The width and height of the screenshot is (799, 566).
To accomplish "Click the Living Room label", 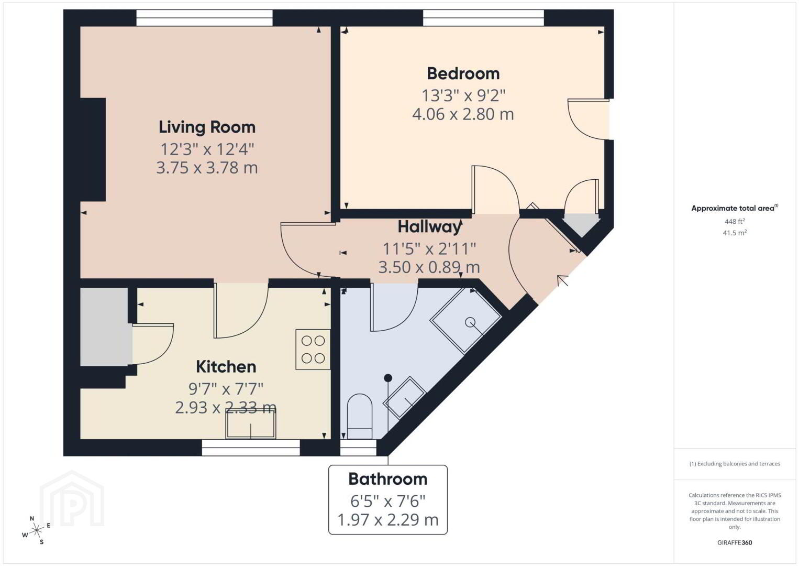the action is tap(207, 127).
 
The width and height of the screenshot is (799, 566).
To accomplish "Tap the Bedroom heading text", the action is tap(463, 73).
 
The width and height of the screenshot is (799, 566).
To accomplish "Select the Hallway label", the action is tap(429, 227).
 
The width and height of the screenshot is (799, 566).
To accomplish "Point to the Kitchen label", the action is tap(226, 367).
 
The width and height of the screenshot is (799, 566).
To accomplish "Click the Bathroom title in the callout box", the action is tap(388, 479).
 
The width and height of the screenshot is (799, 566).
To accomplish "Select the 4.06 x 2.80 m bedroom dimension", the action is tap(463, 114).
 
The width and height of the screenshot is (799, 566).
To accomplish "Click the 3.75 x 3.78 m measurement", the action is tap(207, 168).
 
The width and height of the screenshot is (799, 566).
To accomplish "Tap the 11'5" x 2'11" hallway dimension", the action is tap(429, 248).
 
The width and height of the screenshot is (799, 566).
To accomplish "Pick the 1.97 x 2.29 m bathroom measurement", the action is tap(388, 519).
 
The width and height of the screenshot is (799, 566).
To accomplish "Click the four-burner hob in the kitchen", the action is tap(313, 349).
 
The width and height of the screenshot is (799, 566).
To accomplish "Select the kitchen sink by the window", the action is tap(251, 424).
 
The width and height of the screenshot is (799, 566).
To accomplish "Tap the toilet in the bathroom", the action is tap(360, 416).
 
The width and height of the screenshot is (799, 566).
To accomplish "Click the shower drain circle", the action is tap(470, 322).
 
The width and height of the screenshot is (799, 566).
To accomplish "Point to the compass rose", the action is tap(36, 531).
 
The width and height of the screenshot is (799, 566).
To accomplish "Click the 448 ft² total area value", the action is tap(735, 221).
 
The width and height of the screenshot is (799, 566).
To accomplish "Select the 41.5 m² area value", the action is tap(735, 233).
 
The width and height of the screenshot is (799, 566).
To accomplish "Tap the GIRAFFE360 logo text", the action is tap(735, 543).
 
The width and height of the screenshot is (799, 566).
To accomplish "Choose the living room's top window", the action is tap(204, 18).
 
